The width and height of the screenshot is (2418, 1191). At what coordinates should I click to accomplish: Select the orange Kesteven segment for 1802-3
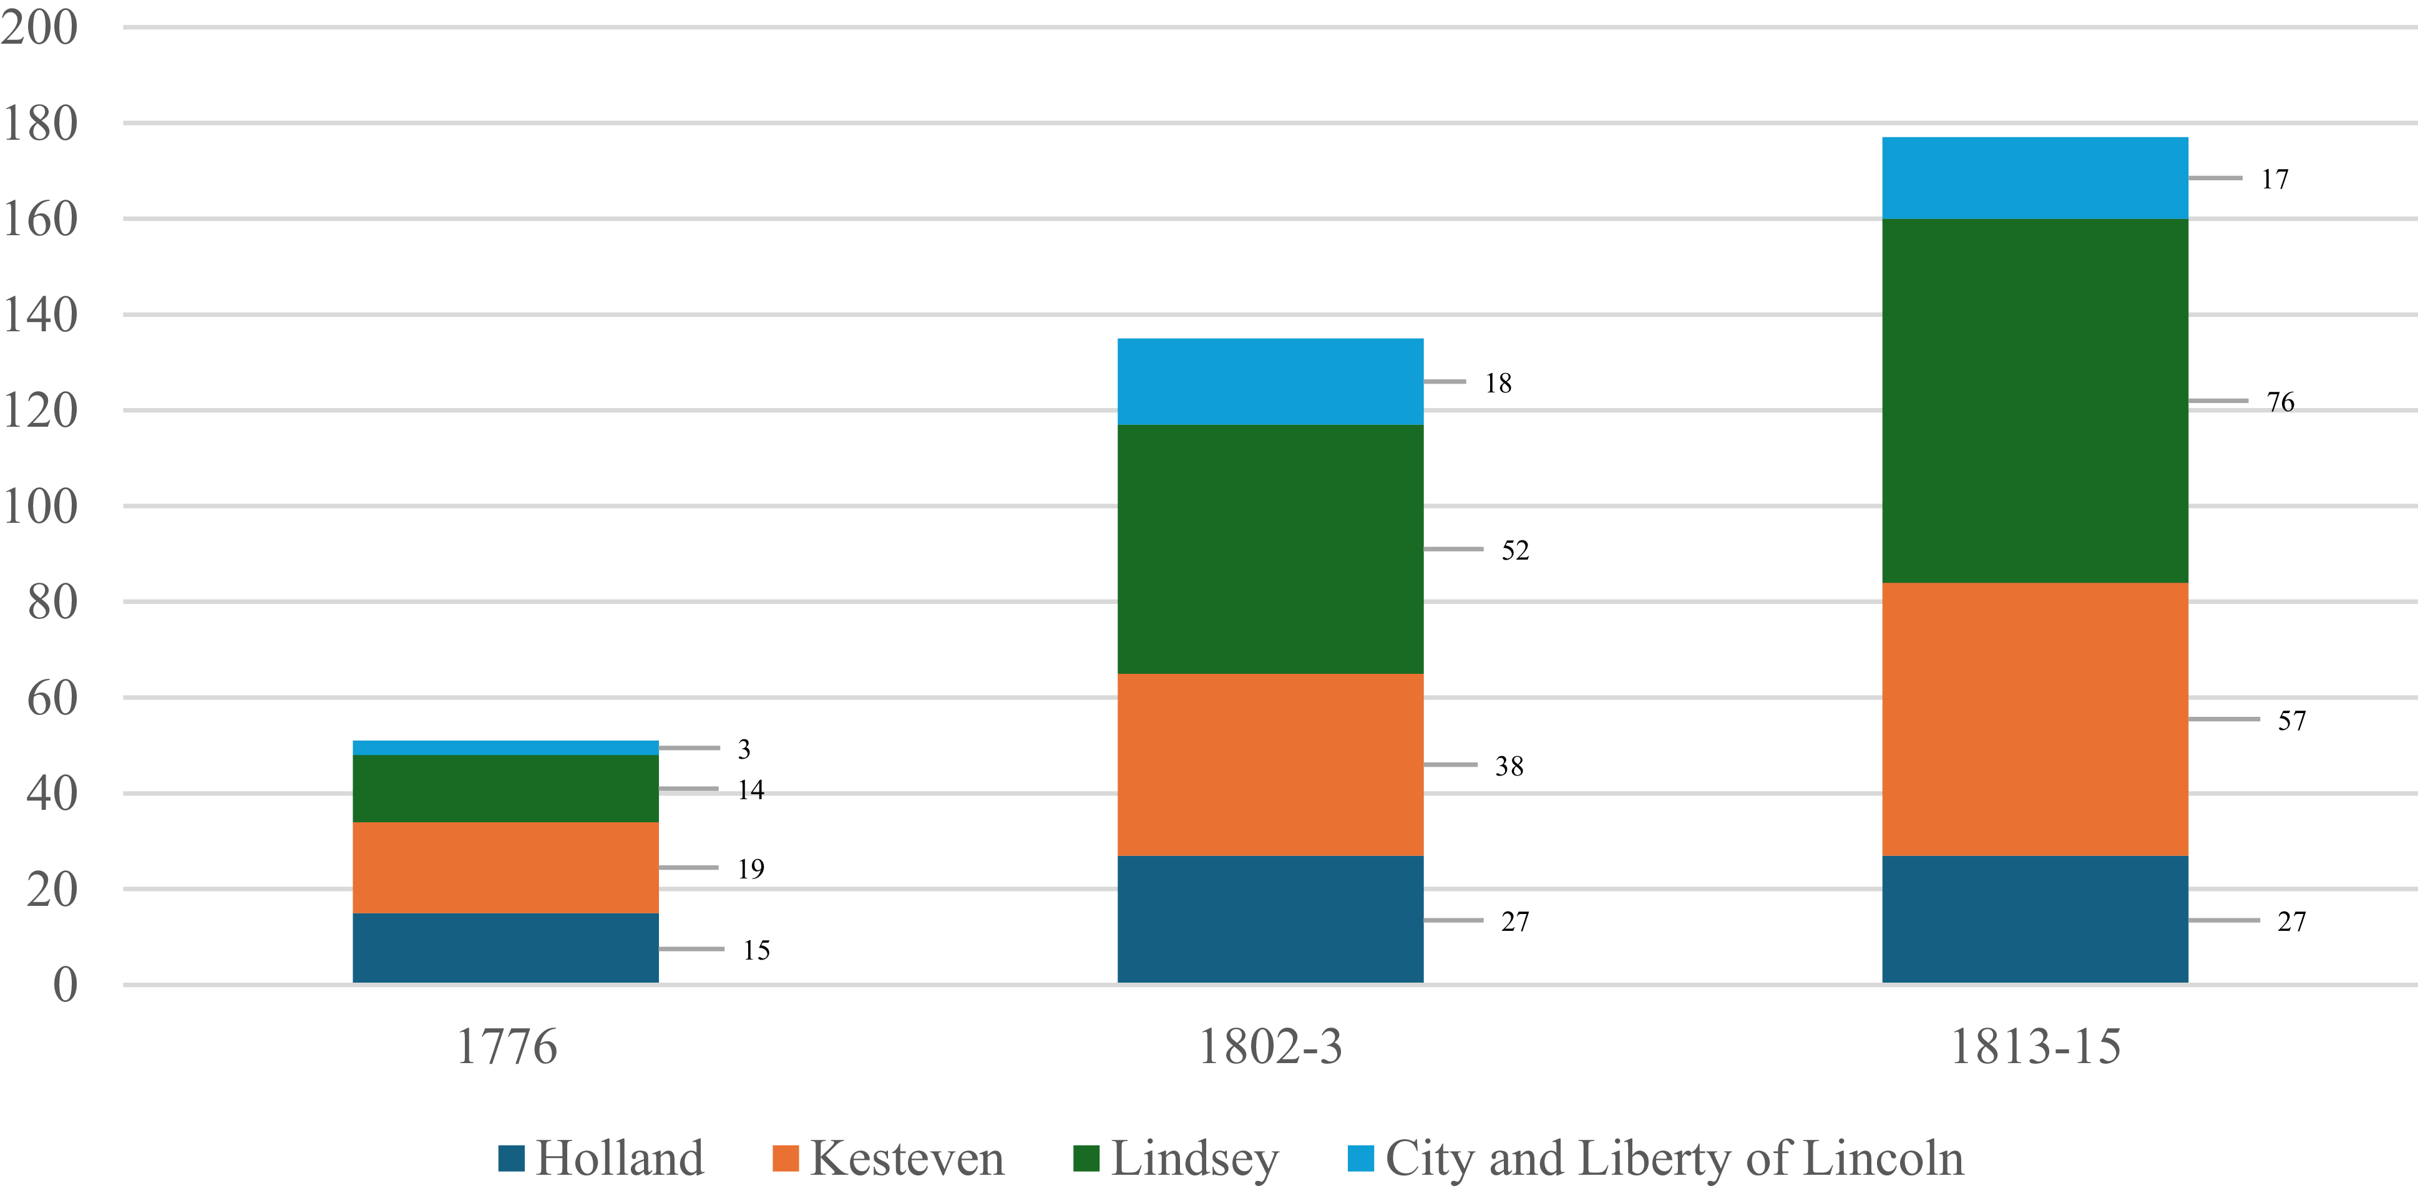(1270, 764)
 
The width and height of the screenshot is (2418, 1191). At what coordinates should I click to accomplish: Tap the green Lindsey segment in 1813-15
(2035, 401)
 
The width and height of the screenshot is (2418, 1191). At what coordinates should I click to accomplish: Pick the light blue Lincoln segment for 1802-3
(1270, 382)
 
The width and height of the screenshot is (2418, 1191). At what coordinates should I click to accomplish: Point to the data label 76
(2280, 402)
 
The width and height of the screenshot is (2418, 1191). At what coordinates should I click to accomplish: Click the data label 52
(1515, 550)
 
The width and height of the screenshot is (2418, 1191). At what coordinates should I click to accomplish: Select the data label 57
(2291, 720)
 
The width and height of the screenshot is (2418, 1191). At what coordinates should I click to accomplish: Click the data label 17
(2274, 178)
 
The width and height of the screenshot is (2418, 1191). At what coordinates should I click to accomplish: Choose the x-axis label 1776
(507, 1046)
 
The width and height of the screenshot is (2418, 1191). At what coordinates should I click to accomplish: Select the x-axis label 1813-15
(2035, 1046)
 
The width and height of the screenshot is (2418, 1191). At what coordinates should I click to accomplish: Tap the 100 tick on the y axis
(39, 506)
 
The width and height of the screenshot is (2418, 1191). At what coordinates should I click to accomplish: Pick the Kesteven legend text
(907, 1158)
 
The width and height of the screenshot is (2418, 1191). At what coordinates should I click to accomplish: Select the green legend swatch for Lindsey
(1086, 1158)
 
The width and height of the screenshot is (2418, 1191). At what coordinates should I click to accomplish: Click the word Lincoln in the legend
(1883, 1158)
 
